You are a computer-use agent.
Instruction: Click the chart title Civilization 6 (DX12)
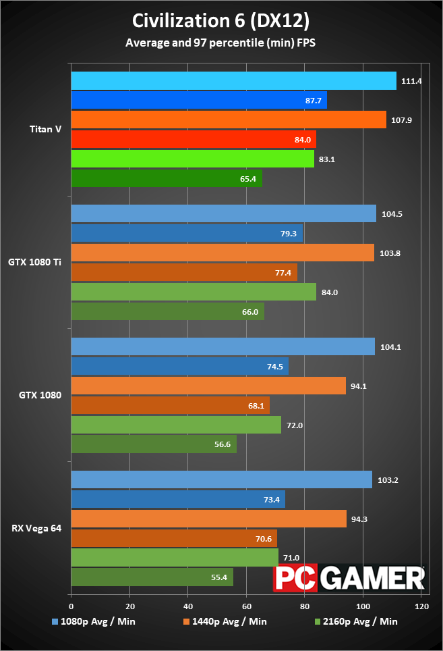(x=221, y=21)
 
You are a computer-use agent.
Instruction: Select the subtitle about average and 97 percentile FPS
(x=221, y=43)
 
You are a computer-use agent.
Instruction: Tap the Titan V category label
(x=46, y=129)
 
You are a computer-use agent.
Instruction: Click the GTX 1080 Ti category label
(x=35, y=262)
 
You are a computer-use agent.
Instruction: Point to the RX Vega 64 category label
(x=37, y=528)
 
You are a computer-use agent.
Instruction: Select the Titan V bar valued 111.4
(x=233, y=80)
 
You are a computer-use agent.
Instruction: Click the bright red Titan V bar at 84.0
(x=193, y=139)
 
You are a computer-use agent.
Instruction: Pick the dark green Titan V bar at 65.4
(x=166, y=178)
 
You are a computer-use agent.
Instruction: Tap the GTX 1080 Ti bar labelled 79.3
(x=187, y=233)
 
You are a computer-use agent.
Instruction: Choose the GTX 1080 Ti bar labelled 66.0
(x=167, y=311)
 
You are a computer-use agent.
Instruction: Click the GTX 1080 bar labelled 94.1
(x=208, y=386)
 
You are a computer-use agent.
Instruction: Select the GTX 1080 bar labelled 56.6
(x=154, y=444)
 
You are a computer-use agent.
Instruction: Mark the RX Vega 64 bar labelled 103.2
(x=221, y=479)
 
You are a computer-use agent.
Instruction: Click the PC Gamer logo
(x=349, y=577)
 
